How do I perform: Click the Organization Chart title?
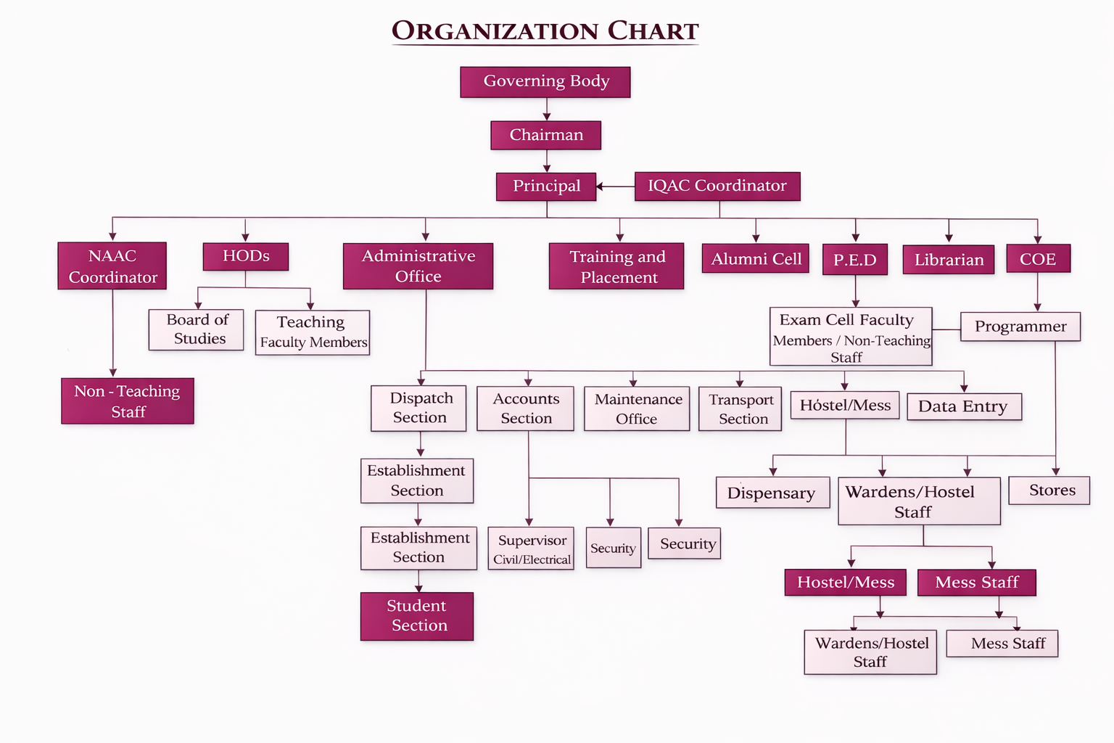(x=545, y=31)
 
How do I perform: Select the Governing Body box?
(x=545, y=82)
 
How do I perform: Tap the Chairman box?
(x=545, y=136)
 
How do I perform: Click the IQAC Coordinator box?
(x=717, y=186)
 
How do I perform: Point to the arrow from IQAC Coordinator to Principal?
(x=615, y=187)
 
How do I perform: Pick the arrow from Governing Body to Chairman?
(x=547, y=109)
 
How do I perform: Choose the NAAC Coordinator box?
(x=112, y=266)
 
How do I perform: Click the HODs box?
(x=246, y=257)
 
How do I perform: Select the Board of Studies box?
(x=197, y=330)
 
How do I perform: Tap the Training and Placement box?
(x=616, y=266)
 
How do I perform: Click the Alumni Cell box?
(x=756, y=259)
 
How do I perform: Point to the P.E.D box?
(x=855, y=260)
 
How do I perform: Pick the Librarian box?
(x=949, y=260)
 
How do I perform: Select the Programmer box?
(x=1020, y=327)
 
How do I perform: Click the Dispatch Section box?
(x=419, y=409)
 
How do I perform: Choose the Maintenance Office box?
(x=637, y=409)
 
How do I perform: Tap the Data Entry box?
(x=964, y=406)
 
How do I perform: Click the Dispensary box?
(x=772, y=493)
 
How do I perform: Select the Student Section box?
(x=417, y=616)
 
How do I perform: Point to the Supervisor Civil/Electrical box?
(x=531, y=549)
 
